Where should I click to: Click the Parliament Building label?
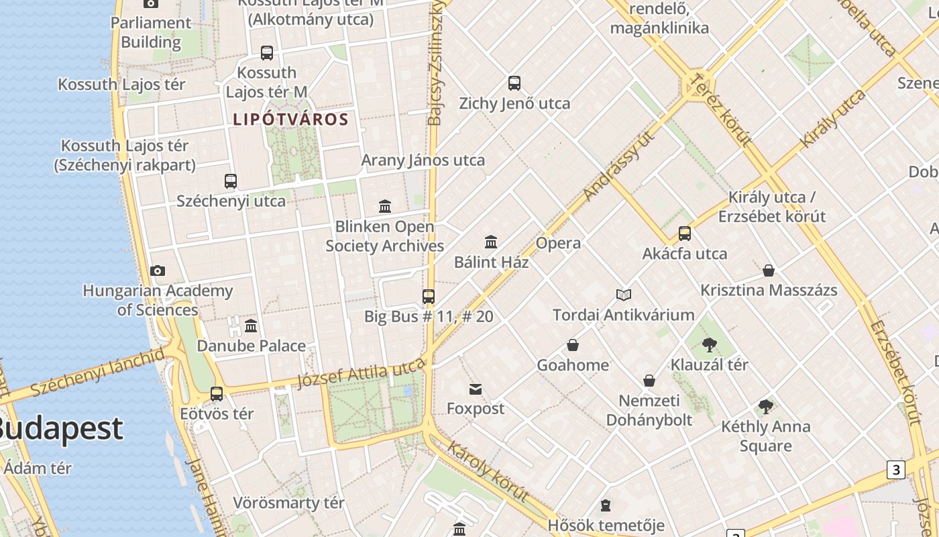pos(151,32)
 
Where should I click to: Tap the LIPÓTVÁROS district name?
pos(290,120)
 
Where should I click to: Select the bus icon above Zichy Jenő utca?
pos(514,83)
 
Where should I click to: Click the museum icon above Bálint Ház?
pos(491,242)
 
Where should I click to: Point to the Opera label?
pos(558,243)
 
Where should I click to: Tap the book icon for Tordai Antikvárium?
pos(624,295)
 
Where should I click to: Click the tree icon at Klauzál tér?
pos(709,345)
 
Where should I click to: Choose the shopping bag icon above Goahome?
pos(573,345)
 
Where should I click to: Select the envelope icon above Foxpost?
pos(476,389)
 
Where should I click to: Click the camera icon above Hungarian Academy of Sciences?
pos(158,271)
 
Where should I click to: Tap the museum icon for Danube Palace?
pos(251,326)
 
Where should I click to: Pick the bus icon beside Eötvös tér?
pos(217,394)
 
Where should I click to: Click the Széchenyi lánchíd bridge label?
pos(98,371)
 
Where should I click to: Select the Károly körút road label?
pos(488,471)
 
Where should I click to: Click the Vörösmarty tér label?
pos(288,503)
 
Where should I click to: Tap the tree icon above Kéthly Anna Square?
pos(765,406)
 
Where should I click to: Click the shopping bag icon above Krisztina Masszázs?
pos(769,271)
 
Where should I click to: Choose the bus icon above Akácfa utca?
pos(685,234)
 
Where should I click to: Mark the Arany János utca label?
pos(423,160)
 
